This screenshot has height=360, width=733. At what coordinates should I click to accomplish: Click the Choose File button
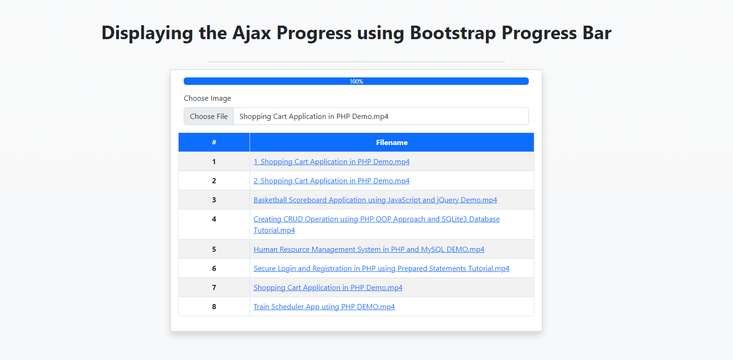point(208,116)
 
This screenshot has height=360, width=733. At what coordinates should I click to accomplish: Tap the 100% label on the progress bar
point(356,82)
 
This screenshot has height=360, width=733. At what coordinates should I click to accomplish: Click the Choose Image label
point(207,98)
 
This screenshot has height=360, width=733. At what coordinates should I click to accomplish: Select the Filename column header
point(392,142)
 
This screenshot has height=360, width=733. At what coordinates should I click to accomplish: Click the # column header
point(214,142)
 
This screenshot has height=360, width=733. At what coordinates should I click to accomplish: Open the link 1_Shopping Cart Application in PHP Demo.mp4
point(332,162)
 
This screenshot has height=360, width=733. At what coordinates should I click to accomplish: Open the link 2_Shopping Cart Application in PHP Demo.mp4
point(332,180)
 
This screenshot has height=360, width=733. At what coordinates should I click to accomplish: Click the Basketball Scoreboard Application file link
point(375,200)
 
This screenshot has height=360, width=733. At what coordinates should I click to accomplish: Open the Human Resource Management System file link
point(369,249)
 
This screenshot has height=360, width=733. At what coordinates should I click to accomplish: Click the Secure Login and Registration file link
point(381,268)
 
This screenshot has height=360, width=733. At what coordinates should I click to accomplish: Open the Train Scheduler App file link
point(324,307)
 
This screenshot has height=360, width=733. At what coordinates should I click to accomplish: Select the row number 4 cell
point(214,224)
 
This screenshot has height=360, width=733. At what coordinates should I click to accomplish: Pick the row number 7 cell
point(214,287)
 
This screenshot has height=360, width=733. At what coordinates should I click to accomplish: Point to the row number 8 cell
point(214,307)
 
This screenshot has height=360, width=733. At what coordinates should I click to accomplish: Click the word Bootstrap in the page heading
point(453,33)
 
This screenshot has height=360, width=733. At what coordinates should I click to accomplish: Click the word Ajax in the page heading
point(252,33)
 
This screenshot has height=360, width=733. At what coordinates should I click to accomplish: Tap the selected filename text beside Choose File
point(314,117)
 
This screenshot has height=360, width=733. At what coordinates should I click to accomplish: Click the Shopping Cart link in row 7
point(328,288)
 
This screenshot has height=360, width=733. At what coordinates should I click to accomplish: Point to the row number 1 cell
point(214,162)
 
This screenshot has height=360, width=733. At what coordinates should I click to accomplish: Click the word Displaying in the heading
point(147,34)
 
